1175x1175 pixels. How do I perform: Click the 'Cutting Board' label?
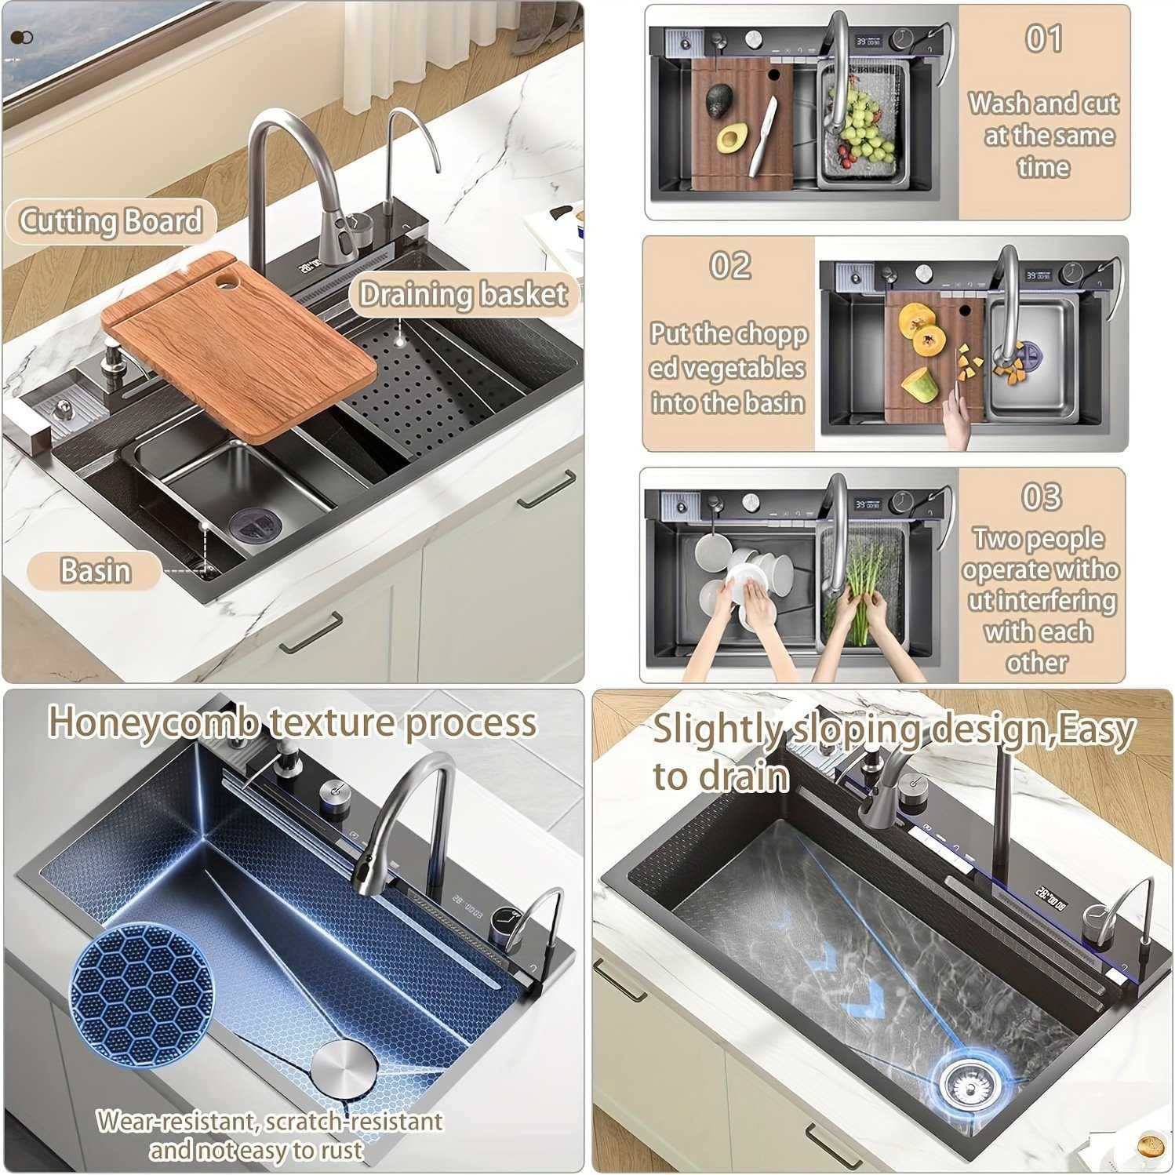coord(111,221)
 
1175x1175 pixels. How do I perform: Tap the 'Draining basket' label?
coord(463,294)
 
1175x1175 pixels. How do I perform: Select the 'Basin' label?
coord(96,570)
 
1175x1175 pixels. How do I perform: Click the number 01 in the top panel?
coord(1044,38)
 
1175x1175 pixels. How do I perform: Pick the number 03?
coord(1042,496)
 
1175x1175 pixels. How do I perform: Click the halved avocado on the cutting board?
coord(731,139)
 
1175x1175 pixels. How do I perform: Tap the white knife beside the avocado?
coord(762,135)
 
